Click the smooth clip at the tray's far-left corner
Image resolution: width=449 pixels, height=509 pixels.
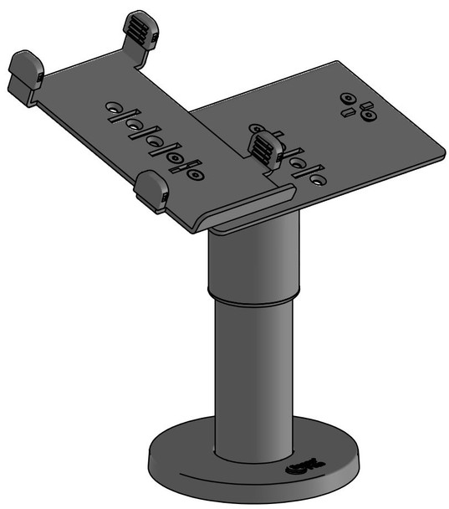pyautogui.click(x=26, y=69)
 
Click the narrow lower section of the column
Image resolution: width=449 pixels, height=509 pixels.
pyautogui.click(x=251, y=377)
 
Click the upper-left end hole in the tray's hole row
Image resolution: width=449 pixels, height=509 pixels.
pyautogui.click(x=113, y=109)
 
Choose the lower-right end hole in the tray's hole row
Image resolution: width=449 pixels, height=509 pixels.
pyautogui.click(x=194, y=175)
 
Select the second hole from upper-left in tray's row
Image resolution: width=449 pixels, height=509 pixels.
pyautogui.click(x=134, y=126)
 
